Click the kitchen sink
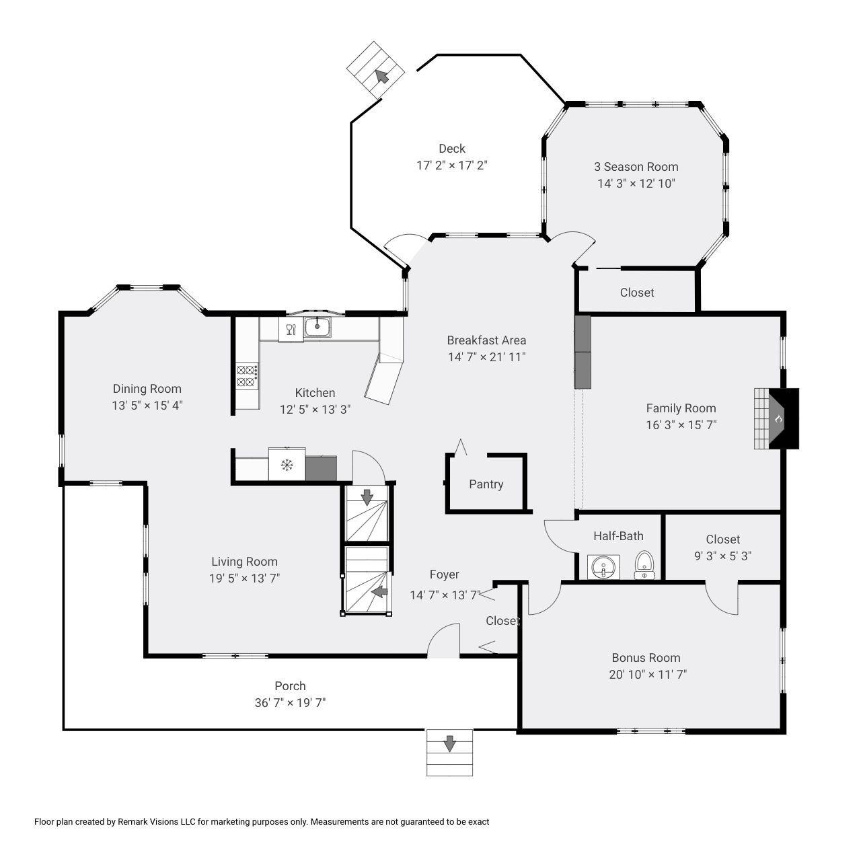(x=317, y=327)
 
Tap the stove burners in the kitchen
(x=247, y=375)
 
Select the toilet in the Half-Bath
(x=644, y=565)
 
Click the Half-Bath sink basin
(x=603, y=568)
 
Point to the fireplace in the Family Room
(x=776, y=418)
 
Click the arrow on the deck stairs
(x=381, y=77)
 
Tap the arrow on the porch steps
(x=449, y=743)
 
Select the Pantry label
(x=486, y=484)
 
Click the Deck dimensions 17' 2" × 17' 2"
(x=452, y=165)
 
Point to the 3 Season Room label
(x=636, y=167)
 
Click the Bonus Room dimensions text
(x=647, y=674)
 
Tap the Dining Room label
(x=147, y=389)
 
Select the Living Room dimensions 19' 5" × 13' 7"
(x=244, y=578)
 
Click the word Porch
(x=290, y=686)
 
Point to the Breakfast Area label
(x=486, y=340)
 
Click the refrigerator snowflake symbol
(x=287, y=465)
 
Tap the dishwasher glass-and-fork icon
(x=291, y=330)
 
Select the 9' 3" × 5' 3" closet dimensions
(x=722, y=556)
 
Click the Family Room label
(x=681, y=408)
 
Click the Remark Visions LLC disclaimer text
(x=262, y=822)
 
